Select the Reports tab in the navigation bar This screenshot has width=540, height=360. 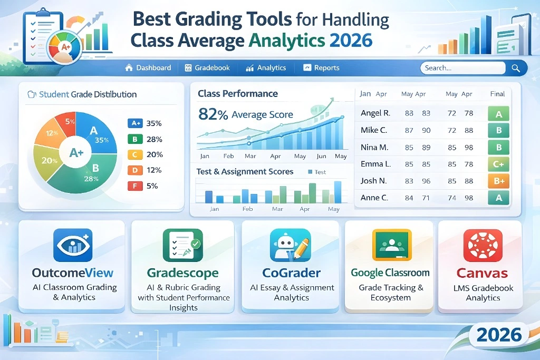click(x=321, y=68)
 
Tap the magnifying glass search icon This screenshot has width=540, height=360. click(x=516, y=68)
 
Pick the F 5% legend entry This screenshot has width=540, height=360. click(x=145, y=186)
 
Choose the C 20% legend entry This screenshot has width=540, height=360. click(x=145, y=154)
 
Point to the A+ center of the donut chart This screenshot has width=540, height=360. click(x=77, y=153)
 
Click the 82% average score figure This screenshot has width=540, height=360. click(x=213, y=114)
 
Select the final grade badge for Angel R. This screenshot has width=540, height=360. click(x=498, y=114)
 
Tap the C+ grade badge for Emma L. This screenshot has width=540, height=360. click(x=498, y=164)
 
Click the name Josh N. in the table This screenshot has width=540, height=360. click(x=374, y=181)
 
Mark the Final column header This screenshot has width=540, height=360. click(x=497, y=94)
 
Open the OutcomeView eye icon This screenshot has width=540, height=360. click(x=73, y=245)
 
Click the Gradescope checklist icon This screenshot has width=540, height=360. click(x=182, y=245)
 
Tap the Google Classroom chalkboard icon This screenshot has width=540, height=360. click(x=391, y=245)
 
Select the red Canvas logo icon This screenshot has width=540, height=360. click(x=482, y=245)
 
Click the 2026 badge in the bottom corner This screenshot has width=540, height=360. click(x=498, y=335)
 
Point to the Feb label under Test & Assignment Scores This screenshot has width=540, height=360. click(x=247, y=209)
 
